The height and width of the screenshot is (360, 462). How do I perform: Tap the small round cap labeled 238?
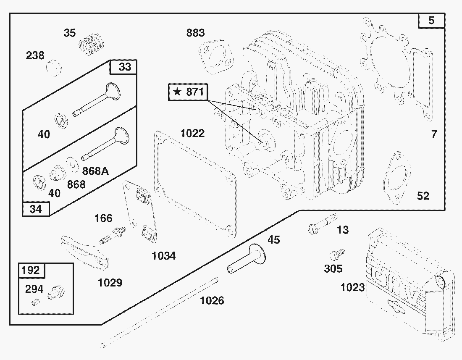click(x=54, y=67)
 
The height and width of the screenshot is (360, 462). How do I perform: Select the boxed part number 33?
click(x=125, y=67)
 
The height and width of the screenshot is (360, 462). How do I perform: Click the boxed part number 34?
click(x=36, y=209)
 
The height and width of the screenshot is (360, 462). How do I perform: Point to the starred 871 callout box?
click(x=188, y=92)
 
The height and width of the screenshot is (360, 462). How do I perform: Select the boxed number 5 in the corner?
click(x=432, y=21)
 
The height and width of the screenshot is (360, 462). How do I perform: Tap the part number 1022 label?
click(x=192, y=133)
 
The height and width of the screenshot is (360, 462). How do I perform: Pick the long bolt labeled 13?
click(x=323, y=223)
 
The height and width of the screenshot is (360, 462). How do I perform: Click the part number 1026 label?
click(x=212, y=300)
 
